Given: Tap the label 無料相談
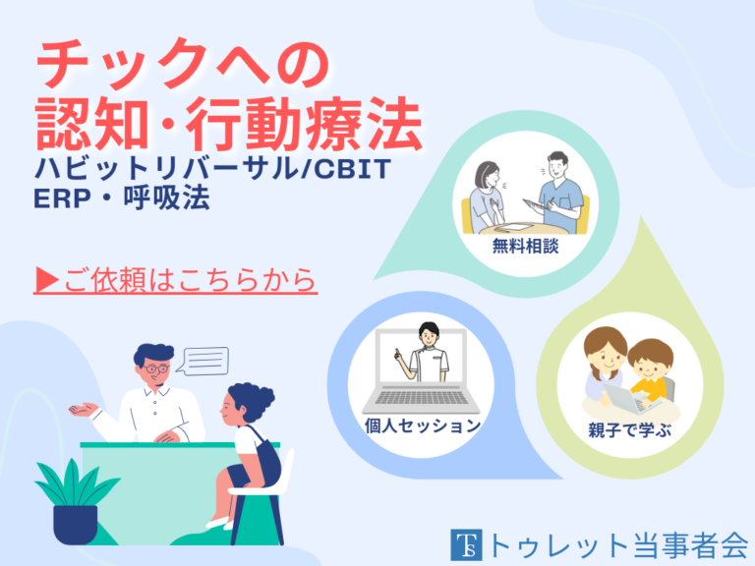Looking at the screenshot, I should [x=525, y=246].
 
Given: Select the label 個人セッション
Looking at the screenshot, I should [x=422, y=425].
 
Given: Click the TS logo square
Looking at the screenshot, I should [x=464, y=542].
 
